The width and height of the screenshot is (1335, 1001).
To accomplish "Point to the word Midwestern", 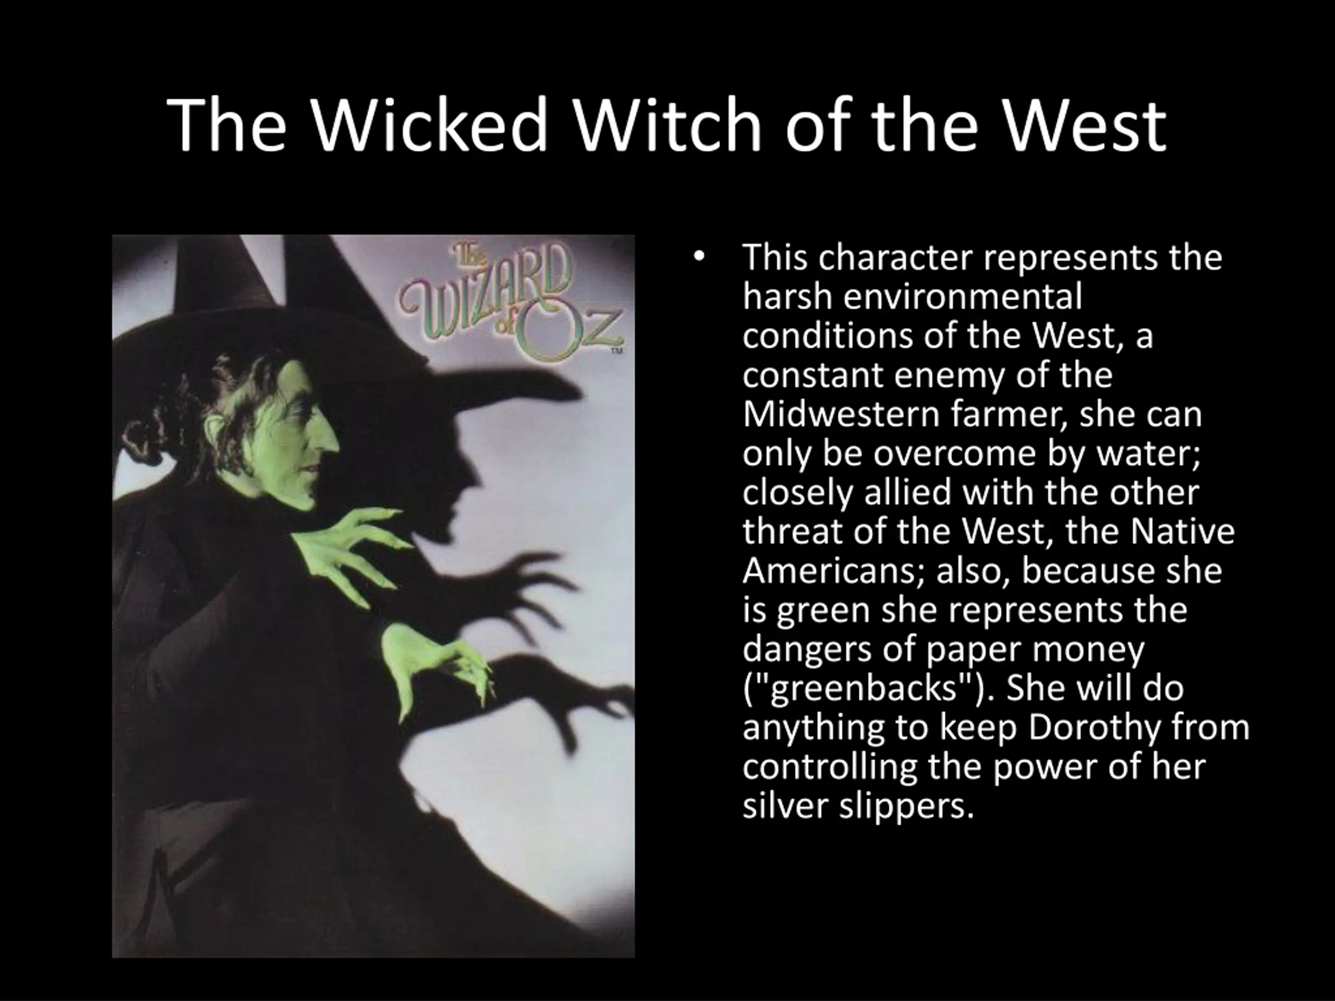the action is click(841, 414).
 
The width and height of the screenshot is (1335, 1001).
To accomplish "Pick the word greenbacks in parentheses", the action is click(865, 689).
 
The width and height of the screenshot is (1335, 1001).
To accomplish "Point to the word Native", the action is click(1182, 532).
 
